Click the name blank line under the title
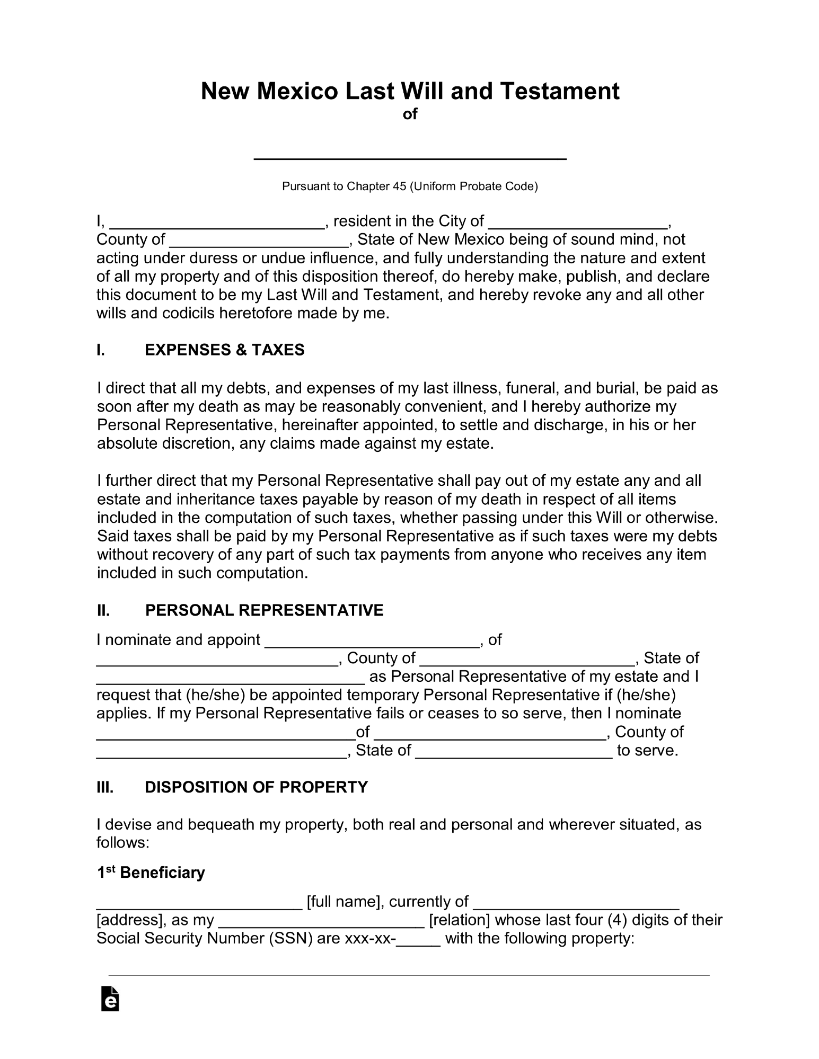click(x=410, y=157)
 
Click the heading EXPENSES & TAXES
click(x=224, y=350)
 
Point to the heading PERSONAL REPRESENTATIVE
click(x=264, y=610)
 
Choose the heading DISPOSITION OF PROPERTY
click(x=256, y=787)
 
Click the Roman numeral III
click(x=105, y=787)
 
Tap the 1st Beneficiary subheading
click(x=151, y=873)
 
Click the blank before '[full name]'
click(x=199, y=903)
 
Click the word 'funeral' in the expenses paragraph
click(x=530, y=388)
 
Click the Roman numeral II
click(x=103, y=610)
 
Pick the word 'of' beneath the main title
click(x=410, y=114)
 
